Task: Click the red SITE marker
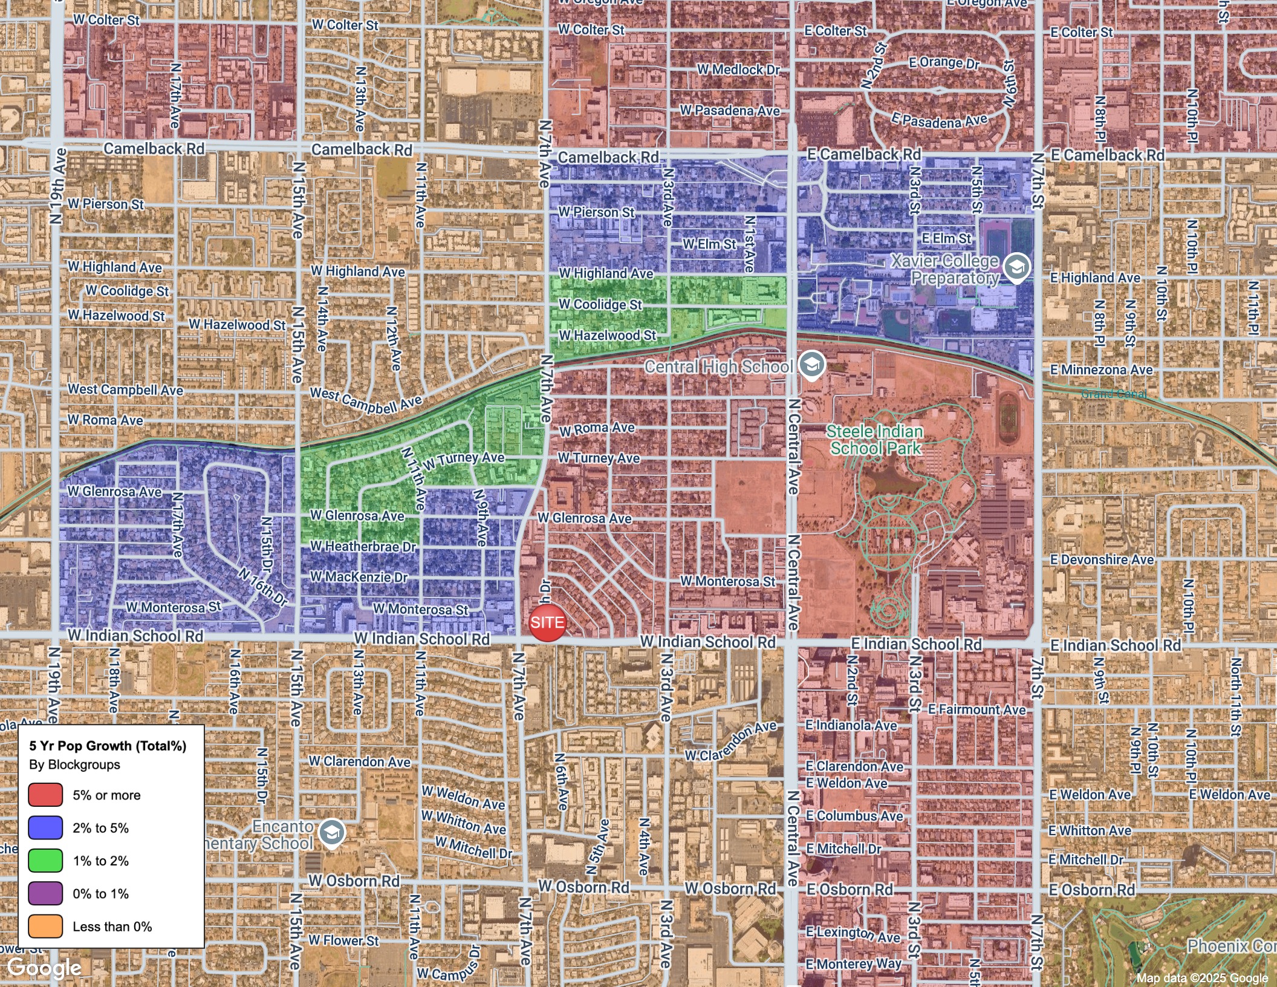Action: click(x=547, y=622)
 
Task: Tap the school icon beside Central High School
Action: click(x=811, y=365)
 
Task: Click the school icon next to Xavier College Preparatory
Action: click(x=1016, y=267)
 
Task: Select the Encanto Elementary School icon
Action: click(x=331, y=833)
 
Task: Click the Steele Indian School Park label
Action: click(x=874, y=440)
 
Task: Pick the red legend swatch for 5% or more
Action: click(x=45, y=795)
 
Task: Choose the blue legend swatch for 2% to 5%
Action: click(x=45, y=827)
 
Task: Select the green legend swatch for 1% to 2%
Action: click(x=45, y=860)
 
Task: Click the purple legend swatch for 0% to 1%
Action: click(x=45, y=893)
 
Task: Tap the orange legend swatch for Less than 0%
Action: click(x=45, y=926)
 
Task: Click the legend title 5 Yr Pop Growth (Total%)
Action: click(x=108, y=746)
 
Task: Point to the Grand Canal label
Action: click(x=1113, y=394)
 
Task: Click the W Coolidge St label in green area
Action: click(x=600, y=304)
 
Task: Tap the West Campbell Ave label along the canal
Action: click(x=366, y=400)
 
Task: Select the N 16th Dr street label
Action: click(x=262, y=587)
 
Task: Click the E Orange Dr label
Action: click(x=943, y=62)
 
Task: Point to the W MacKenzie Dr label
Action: click(x=359, y=577)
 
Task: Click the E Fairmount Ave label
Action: click(x=976, y=709)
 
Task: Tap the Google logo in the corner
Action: click(x=44, y=968)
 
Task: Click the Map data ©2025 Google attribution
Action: click(x=1201, y=978)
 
